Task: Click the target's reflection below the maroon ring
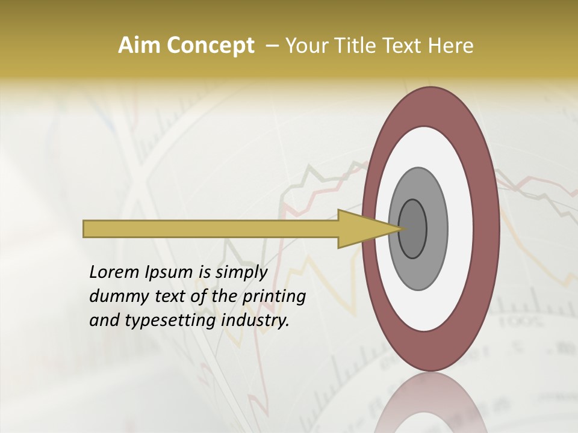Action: tap(430, 406)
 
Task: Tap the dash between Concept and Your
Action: tap(272, 46)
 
